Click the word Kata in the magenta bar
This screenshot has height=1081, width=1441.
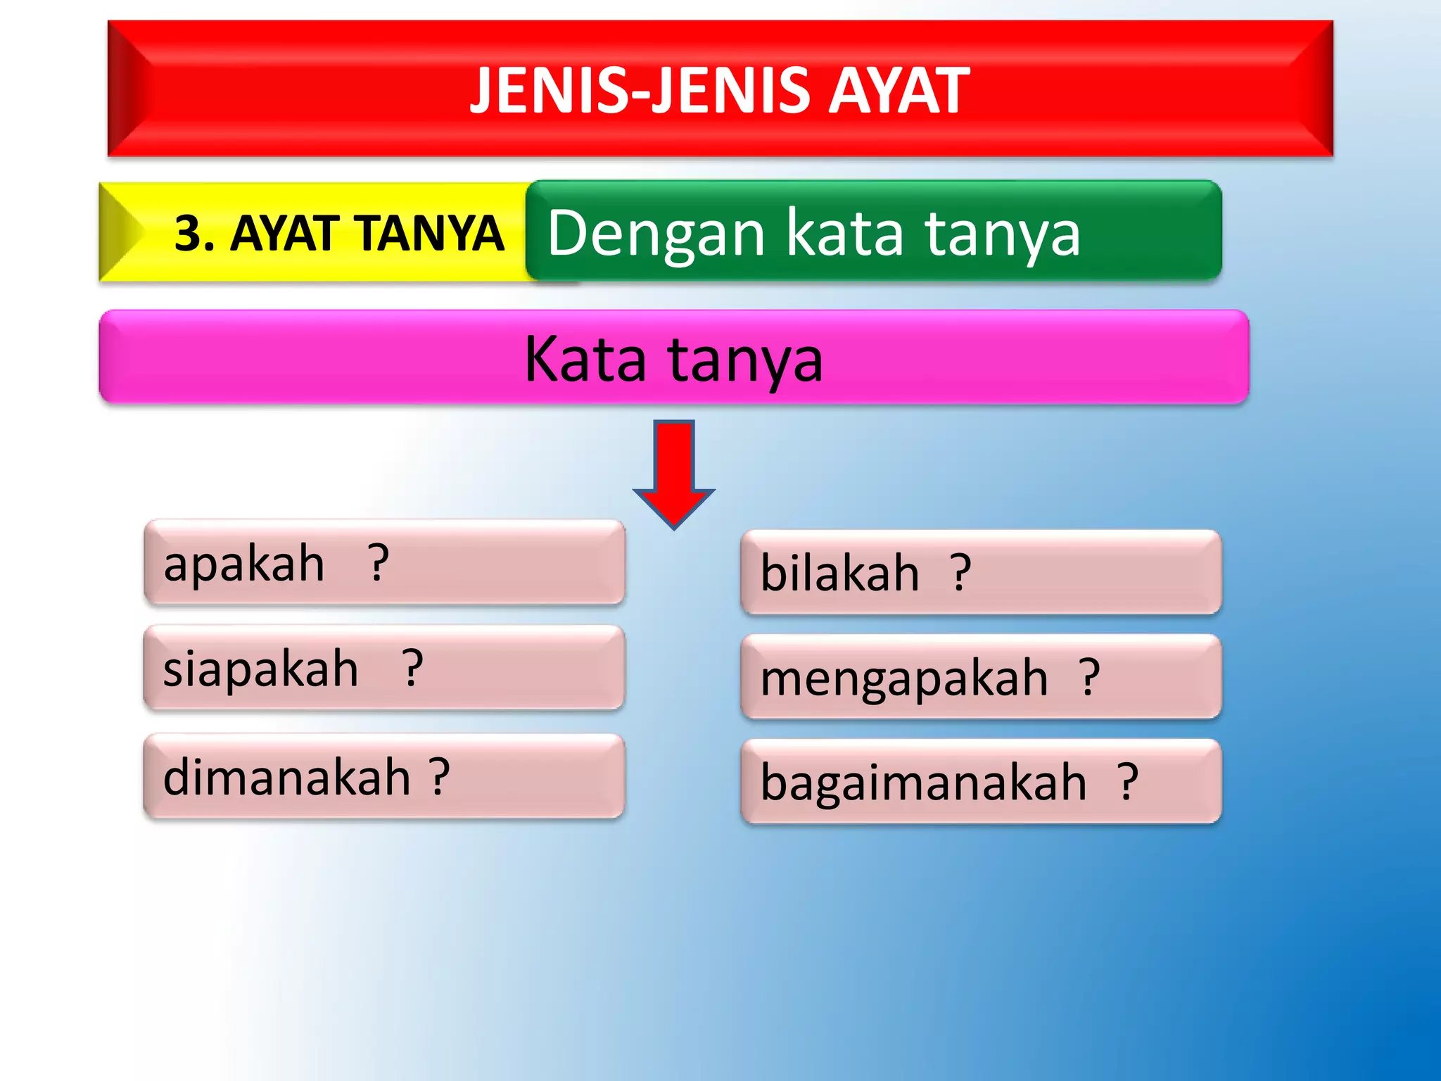pos(585,359)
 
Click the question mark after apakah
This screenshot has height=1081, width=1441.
pos(379,563)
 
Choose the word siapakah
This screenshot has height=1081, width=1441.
pos(260,669)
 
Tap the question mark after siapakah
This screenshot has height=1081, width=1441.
pos(413,669)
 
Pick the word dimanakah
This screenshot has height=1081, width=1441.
pos(286,778)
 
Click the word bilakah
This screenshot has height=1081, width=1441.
pos(839,573)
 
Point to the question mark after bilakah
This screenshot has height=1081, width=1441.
pos(961,573)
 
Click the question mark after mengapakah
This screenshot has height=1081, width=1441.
pos(1089,677)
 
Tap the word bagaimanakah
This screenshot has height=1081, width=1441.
pos(923,783)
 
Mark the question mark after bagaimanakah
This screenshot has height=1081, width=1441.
pos(1128,781)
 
